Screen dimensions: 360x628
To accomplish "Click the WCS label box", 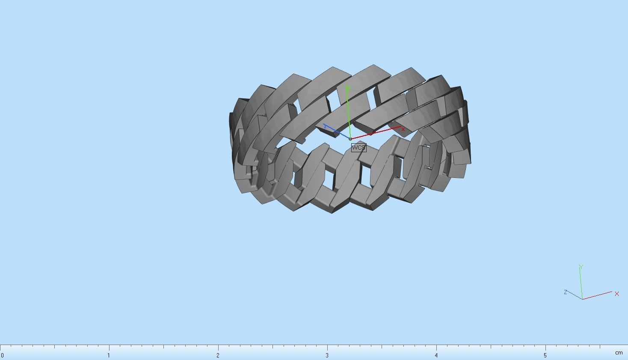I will (358, 148).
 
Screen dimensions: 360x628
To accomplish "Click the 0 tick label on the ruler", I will (2, 355).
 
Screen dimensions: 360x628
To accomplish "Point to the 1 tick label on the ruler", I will (109, 355).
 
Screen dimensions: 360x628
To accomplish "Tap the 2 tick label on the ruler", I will (218, 355).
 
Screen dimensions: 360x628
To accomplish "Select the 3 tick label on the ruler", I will (327, 355).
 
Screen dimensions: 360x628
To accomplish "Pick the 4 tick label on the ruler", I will (436, 355).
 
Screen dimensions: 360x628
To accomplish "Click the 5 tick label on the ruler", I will (545, 355).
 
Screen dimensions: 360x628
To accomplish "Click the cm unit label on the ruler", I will (619, 353).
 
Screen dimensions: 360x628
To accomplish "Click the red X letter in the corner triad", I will (616, 294).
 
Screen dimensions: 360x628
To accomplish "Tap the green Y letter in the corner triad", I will (581, 267).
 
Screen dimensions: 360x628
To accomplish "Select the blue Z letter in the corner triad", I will (566, 292).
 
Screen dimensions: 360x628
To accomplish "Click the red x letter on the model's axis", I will (403, 129).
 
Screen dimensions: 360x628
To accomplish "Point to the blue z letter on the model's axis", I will (326, 127).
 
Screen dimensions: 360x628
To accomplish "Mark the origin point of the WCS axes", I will (350, 139).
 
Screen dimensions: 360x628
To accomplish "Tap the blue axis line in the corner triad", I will (575, 295).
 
